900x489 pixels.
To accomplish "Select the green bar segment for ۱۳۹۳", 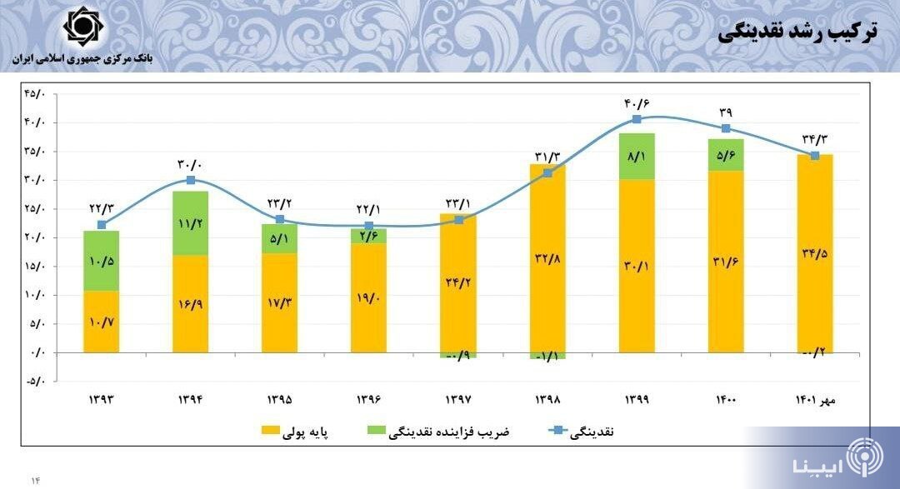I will (101, 260).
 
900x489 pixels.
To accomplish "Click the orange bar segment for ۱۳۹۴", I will (190, 303).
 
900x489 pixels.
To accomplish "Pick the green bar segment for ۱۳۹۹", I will (637, 156).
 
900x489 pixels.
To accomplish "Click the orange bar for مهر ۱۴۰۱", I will (815, 253).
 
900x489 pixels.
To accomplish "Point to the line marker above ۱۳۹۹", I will (637, 119).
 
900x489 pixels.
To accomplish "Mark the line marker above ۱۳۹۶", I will (369, 226).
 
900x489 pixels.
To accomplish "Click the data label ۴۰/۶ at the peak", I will (636, 103).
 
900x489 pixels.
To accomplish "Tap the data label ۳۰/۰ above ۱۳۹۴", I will (190, 164).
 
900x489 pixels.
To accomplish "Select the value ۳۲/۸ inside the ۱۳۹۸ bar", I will (547, 259).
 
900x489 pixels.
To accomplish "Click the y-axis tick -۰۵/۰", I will (37, 382).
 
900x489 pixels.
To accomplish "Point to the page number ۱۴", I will (36, 480).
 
